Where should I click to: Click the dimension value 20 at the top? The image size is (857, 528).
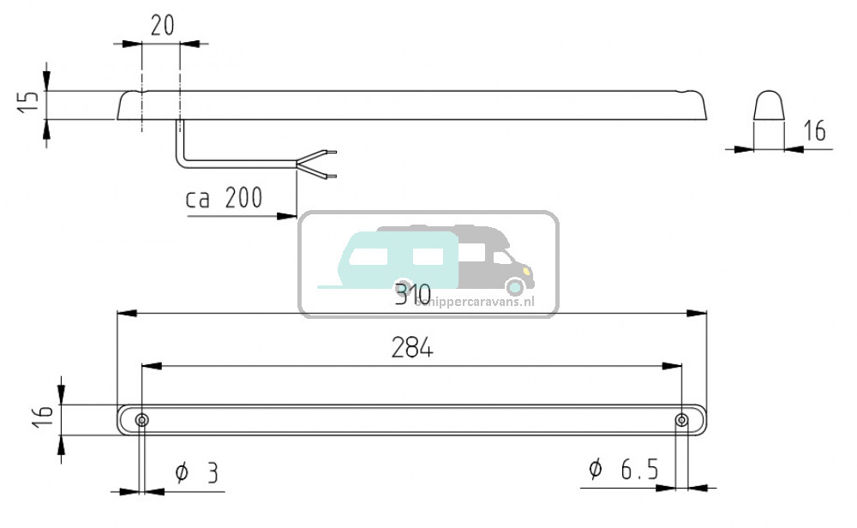162,25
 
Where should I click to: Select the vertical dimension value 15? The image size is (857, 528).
28,102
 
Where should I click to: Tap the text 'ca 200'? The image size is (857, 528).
224,199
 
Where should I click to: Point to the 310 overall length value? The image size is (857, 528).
412,296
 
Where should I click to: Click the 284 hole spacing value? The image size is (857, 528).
412,348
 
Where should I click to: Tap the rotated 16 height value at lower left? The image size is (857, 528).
45,419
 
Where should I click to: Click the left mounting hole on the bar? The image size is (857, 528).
141,420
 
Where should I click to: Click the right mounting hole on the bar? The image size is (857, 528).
681,420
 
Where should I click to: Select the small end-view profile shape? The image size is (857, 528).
768,107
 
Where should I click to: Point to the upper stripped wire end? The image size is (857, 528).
331,153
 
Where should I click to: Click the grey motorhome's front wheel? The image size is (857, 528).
515,288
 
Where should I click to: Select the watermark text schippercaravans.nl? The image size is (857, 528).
474,301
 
